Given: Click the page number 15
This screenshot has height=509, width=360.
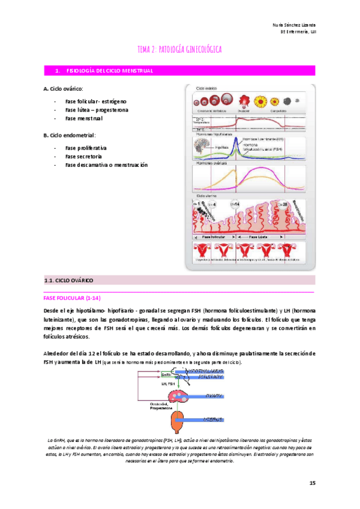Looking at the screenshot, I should tap(312, 483).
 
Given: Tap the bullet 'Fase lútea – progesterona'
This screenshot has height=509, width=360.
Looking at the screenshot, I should tap(96, 110).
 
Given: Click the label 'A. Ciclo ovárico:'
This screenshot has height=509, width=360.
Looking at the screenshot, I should tap(63, 88).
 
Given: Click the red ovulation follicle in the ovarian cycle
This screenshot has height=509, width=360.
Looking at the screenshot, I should tap(244, 100).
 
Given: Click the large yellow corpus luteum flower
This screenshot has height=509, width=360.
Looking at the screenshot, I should tap(262, 100).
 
